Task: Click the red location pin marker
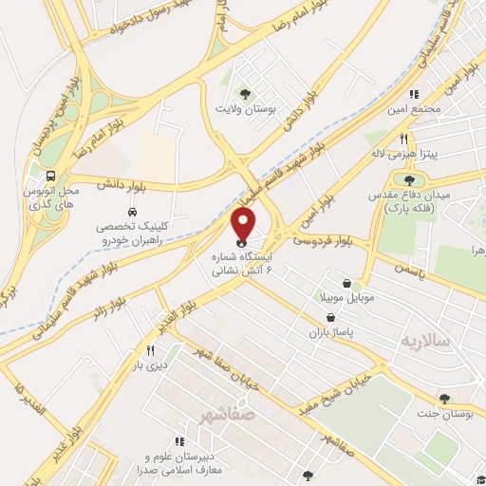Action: pos(244,225)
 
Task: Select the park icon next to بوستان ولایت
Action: pos(246,92)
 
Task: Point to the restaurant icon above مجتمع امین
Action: pos(414,94)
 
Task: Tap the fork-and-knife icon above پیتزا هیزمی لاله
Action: pos(404,137)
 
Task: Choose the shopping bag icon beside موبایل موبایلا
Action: pos(347,283)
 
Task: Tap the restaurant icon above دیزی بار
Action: pos(150,349)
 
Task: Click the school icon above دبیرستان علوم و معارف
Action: pos(178,440)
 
